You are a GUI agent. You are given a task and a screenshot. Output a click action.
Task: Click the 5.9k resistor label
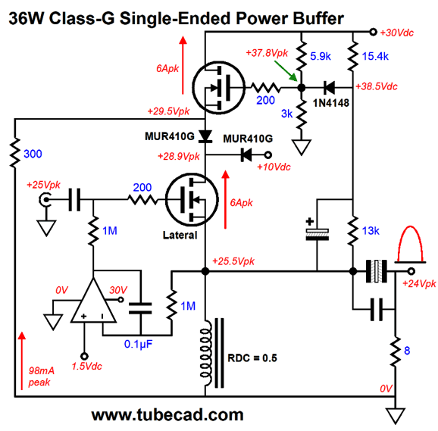point(321,56)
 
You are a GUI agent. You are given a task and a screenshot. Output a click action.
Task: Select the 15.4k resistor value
point(375,56)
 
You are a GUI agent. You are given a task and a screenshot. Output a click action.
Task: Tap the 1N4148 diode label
point(331,103)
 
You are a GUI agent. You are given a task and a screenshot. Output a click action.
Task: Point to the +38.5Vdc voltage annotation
point(377,86)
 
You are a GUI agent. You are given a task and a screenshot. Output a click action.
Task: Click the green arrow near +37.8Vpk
point(286,71)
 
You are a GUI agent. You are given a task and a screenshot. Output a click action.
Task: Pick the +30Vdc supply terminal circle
point(373,32)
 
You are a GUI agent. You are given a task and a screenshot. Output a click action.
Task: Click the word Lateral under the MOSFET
point(180,236)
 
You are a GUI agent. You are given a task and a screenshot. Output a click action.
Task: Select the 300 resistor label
point(33,154)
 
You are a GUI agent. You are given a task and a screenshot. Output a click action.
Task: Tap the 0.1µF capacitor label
point(138,345)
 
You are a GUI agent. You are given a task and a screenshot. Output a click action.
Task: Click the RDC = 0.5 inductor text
point(252,358)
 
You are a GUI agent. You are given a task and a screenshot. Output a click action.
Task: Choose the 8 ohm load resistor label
point(407,351)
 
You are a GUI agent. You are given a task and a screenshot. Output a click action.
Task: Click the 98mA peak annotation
point(41,376)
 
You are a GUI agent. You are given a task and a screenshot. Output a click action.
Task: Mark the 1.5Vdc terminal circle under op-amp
point(84,357)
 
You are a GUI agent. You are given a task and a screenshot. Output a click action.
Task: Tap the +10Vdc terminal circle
point(268,155)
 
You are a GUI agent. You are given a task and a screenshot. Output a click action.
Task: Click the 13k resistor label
point(371,231)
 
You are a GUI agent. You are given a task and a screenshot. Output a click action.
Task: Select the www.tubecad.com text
point(167,415)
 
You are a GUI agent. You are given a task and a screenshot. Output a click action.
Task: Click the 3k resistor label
point(286,114)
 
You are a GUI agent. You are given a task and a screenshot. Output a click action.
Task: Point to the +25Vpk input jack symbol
point(45,200)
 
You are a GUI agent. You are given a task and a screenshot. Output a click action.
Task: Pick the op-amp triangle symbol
point(93,301)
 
